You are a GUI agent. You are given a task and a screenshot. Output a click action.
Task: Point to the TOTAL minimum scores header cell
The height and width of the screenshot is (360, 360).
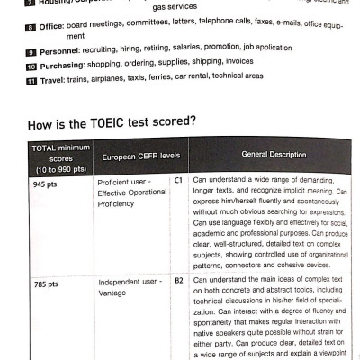[57, 156]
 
